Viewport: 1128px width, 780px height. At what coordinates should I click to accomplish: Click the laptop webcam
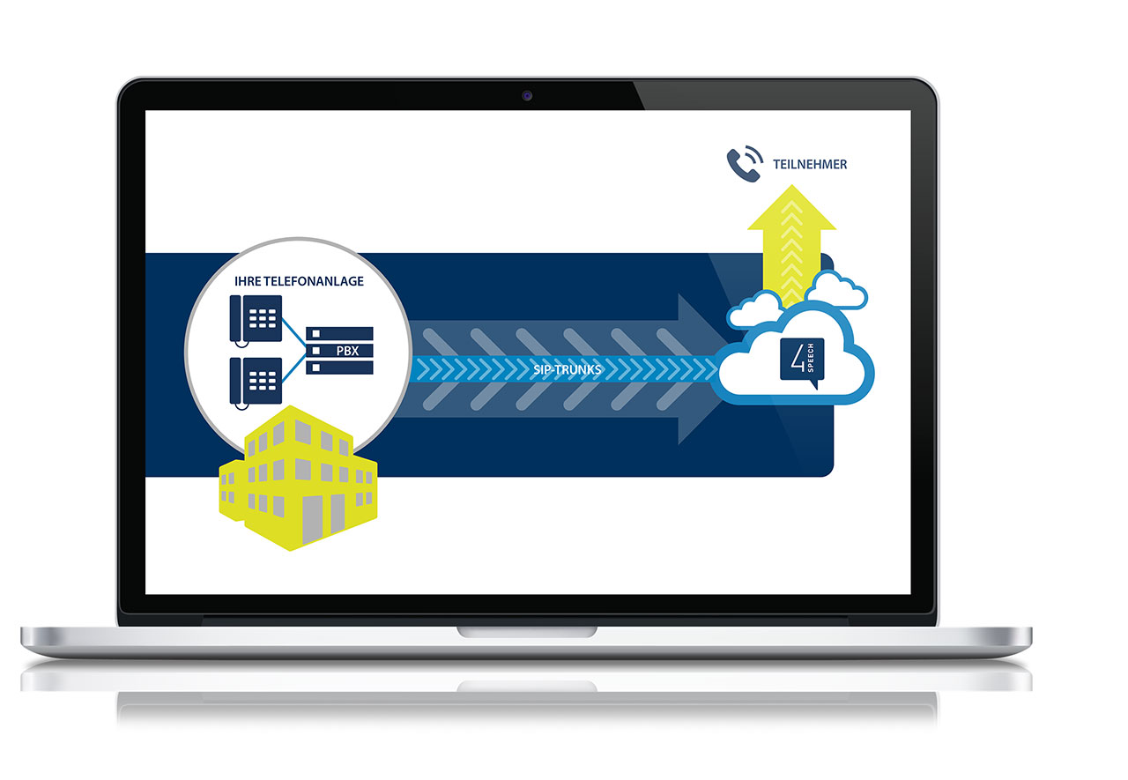point(527,96)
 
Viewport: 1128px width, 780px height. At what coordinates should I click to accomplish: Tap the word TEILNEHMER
point(810,165)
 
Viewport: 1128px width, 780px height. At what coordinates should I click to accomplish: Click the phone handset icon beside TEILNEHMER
point(745,164)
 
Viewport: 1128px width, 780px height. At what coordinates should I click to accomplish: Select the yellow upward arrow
point(791,244)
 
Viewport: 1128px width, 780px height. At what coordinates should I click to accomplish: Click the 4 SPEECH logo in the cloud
point(802,362)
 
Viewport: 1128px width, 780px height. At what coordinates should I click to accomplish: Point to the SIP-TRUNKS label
point(567,369)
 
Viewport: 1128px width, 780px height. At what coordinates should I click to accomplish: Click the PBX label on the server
point(347,351)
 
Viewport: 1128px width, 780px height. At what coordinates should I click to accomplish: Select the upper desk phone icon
point(256,320)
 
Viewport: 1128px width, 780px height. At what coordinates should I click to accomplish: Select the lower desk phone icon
point(256,383)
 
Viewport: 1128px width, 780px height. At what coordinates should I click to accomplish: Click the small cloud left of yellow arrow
point(755,310)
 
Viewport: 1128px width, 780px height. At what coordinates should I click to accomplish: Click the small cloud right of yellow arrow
point(836,291)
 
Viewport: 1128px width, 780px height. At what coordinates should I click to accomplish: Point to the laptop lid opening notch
point(527,632)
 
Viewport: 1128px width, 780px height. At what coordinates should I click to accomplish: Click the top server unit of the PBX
point(339,334)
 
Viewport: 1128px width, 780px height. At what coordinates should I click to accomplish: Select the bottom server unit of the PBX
point(339,368)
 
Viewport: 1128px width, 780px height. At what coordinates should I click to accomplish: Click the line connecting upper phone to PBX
point(294,332)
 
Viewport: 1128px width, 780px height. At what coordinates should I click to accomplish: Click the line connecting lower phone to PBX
point(294,368)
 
